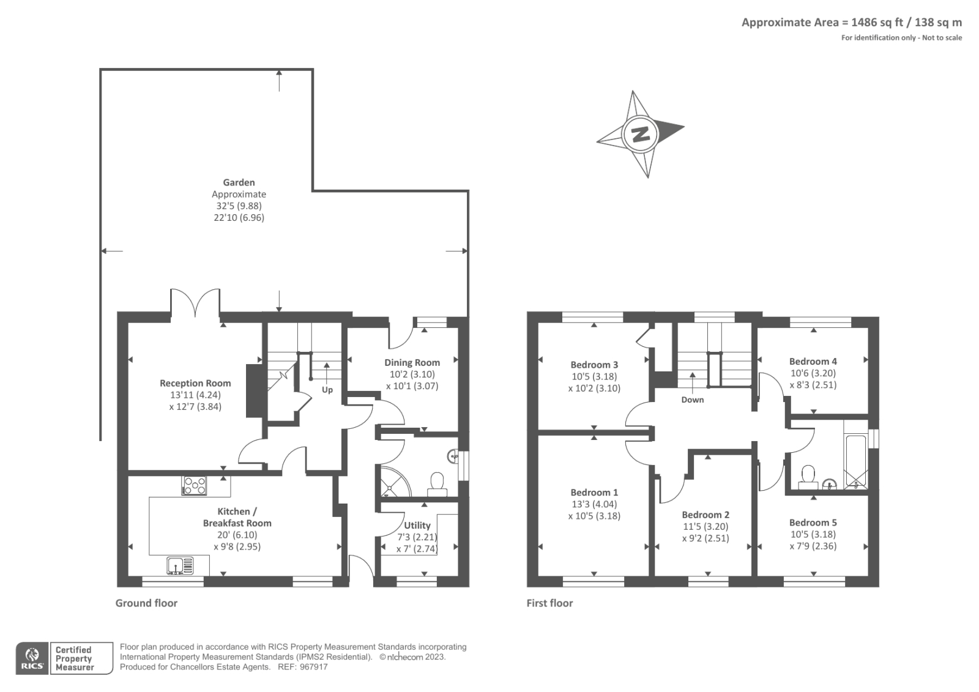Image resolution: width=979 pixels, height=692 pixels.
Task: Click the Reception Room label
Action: (195, 383)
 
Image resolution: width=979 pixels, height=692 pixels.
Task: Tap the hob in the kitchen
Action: (195, 486)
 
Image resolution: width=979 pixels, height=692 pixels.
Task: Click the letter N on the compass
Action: (640, 134)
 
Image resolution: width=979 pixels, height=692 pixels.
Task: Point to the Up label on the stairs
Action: (327, 390)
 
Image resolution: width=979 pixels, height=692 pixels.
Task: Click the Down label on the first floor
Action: (692, 400)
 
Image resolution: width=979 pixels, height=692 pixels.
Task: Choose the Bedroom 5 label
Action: (813, 523)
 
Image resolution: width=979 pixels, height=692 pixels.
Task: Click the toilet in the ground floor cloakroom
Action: (437, 482)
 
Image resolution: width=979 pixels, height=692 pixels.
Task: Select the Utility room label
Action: (417, 525)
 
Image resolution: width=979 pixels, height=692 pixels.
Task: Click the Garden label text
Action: (239, 182)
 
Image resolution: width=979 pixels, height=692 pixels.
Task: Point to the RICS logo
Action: (32, 658)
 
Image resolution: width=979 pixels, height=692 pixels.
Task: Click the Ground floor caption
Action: (146, 603)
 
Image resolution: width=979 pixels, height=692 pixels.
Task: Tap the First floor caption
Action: (549, 603)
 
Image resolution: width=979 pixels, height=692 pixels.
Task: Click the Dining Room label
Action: (412, 362)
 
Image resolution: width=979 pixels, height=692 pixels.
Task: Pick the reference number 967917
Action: (311, 667)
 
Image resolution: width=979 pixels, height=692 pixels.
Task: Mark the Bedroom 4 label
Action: (813, 361)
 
